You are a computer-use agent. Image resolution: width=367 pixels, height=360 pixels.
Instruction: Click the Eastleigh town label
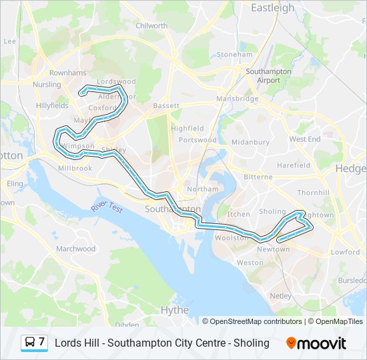coord(272,8)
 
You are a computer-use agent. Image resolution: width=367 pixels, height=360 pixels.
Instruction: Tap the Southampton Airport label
coord(268,75)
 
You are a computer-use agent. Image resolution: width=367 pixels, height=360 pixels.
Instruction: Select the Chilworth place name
coord(152,26)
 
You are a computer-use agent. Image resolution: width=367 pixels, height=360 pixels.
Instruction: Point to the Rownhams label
coord(67,73)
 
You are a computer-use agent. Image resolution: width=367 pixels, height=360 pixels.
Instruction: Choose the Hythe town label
coord(175,310)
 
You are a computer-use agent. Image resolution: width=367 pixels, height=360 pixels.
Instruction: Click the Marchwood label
coord(76,249)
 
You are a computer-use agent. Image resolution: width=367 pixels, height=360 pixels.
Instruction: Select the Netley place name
coord(281,295)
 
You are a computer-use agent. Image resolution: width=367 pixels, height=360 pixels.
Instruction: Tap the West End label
coord(305,139)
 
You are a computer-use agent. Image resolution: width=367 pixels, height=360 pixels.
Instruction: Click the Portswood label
coord(198,140)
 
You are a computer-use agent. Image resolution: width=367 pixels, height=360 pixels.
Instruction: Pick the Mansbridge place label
coord(237,99)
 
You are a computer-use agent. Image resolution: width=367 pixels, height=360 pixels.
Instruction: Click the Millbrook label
coord(75,169)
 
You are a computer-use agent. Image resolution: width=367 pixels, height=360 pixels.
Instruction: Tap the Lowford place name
coord(346,252)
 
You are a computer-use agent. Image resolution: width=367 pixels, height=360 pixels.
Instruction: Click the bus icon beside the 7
coord(29,343)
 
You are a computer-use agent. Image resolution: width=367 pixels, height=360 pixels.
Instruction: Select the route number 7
coord(41,342)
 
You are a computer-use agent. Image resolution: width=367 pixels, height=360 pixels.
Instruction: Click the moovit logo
coord(316,343)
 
